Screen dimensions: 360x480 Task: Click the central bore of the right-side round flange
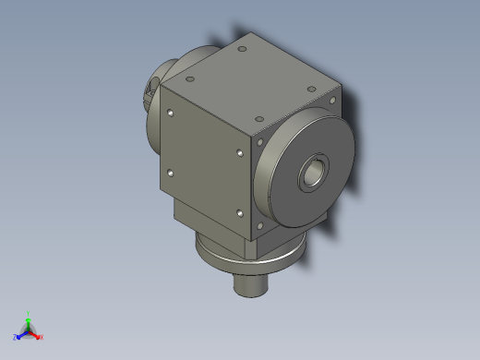315,172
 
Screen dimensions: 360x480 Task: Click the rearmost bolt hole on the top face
241,48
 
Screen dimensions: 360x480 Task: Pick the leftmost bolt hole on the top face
195,66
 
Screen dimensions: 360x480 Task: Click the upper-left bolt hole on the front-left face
172,114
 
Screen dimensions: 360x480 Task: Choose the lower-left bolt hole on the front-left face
171,173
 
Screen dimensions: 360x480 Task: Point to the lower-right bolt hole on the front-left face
239,213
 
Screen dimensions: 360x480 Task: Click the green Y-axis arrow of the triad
29,323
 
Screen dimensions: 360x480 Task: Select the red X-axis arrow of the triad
36,335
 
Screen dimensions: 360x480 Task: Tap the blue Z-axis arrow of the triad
21,334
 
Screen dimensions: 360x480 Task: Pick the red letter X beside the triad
42,338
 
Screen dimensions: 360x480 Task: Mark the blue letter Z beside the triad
16,338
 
